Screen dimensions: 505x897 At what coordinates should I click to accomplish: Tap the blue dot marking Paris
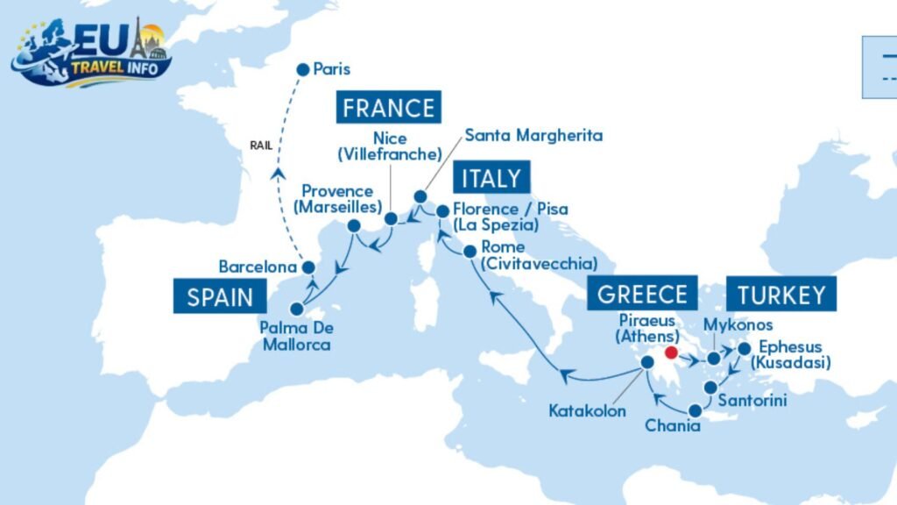click(x=303, y=69)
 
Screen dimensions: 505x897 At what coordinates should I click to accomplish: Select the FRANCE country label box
click(x=388, y=108)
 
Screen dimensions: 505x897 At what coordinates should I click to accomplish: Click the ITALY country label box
click(x=491, y=178)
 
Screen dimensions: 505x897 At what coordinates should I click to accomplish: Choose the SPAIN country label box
click(x=220, y=296)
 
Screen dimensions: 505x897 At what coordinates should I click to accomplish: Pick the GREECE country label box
click(x=643, y=295)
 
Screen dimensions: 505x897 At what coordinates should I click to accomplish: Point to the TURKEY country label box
click(x=780, y=295)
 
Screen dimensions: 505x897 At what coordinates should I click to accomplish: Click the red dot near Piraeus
click(x=672, y=353)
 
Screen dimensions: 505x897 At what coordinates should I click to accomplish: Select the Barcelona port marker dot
click(x=307, y=267)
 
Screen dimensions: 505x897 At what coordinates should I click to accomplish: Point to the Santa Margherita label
click(x=533, y=135)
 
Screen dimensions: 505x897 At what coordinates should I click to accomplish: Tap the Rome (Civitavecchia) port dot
click(x=470, y=251)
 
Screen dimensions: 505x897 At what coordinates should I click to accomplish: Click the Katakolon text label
click(x=587, y=409)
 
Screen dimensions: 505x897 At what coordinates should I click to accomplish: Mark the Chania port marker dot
click(x=695, y=409)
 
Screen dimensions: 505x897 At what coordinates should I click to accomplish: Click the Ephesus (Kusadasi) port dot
click(x=744, y=349)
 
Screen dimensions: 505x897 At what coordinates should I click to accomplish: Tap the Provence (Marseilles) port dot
click(x=355, y=225)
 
